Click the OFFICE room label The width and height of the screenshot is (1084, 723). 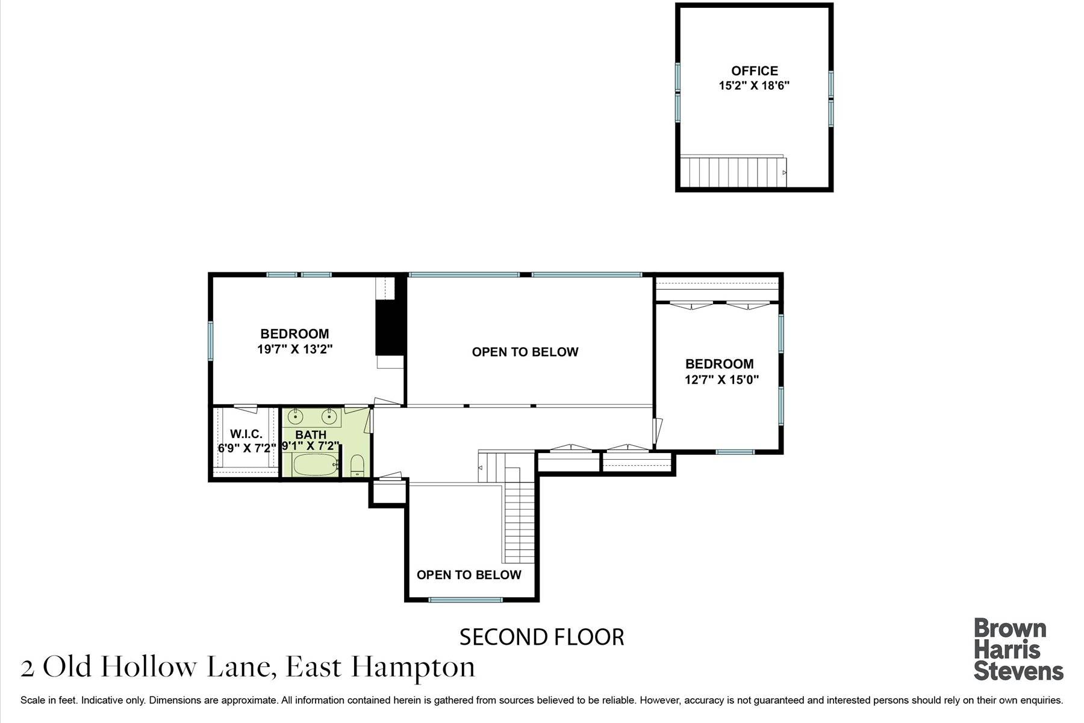(754, 70)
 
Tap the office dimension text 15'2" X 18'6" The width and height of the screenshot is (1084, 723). (754, 86)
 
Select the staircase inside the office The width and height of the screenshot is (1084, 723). (733, 172)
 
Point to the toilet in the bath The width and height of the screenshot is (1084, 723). (357, 466)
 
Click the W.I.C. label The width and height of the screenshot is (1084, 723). (246, 434)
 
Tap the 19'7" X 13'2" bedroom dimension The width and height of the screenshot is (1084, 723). (294, 349)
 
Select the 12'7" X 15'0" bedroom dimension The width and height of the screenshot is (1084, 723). (721, 380)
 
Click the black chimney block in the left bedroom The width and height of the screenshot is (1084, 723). (390, 327)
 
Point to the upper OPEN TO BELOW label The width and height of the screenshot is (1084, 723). (525, 352)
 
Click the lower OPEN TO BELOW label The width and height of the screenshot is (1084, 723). (469, 574)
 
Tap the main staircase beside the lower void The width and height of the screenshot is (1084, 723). (519, 518)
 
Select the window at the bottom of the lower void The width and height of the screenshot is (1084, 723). (465, 599)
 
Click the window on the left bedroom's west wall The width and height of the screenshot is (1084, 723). (211, 340)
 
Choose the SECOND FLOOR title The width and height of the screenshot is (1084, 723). (541, 637)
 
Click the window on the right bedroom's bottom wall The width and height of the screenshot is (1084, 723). (735, 451)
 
